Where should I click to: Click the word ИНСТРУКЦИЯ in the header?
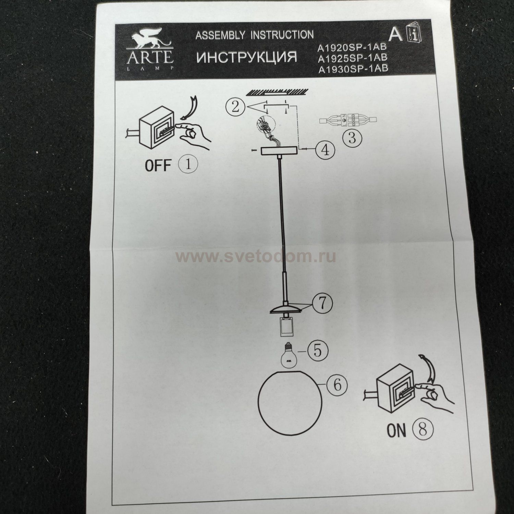tap(247, 57)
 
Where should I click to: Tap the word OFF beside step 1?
tap(158, 166)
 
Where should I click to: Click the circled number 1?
tap(188, 164)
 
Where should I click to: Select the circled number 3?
tap(353, 138)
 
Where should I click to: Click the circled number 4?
tap(325, 150)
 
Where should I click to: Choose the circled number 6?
tap(338, 385)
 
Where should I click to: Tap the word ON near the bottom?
tap(397, 431)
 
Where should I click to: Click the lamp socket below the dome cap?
tap(284, 327)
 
